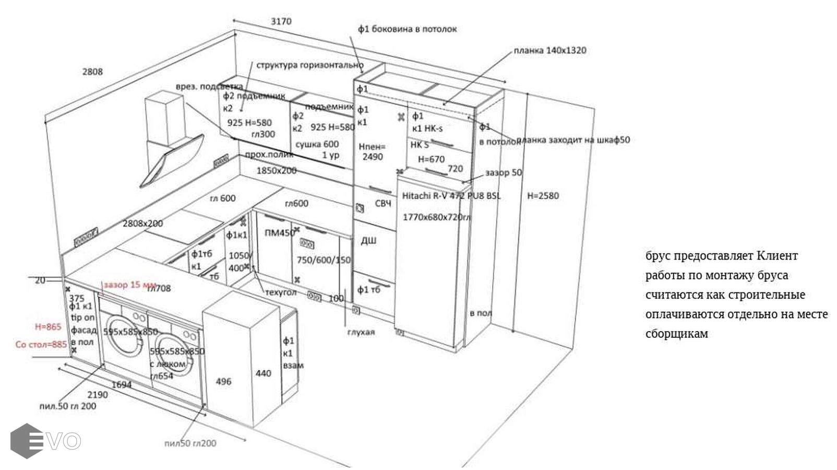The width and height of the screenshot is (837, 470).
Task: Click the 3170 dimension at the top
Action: [x=281, y=21]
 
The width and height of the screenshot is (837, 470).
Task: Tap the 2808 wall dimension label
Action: [x=92, y=72]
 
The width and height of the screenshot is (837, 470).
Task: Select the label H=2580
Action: [x=543, y=196]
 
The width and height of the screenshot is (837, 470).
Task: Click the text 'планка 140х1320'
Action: [x=550, y=51]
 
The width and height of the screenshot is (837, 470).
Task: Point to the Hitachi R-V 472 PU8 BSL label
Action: [x=451, y=196]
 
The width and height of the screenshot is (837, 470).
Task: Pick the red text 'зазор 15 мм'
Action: [x=130, y=285]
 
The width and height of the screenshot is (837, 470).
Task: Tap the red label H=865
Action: [x=48, y=327]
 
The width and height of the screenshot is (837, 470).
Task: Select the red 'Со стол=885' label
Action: [x=41, y=345]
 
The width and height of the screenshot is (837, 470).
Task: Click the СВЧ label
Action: [x=383, y=203]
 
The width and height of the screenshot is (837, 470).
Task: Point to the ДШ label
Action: [x=368, y=241]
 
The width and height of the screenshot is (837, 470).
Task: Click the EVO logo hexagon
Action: [x=27, y=441]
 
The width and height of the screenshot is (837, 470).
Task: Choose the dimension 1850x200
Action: [x=276, y=171]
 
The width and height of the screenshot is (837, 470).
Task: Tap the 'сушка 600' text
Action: [x=317, y=144]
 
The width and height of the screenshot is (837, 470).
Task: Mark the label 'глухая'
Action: [x=361, y=332]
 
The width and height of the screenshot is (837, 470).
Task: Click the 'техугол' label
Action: [x=281, y=292]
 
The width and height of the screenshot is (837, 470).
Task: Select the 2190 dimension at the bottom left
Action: [x=98, y=395]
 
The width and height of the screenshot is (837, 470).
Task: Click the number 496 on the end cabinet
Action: [x=223, y=382]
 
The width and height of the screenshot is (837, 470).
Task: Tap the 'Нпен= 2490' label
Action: [x=372, y=152]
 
